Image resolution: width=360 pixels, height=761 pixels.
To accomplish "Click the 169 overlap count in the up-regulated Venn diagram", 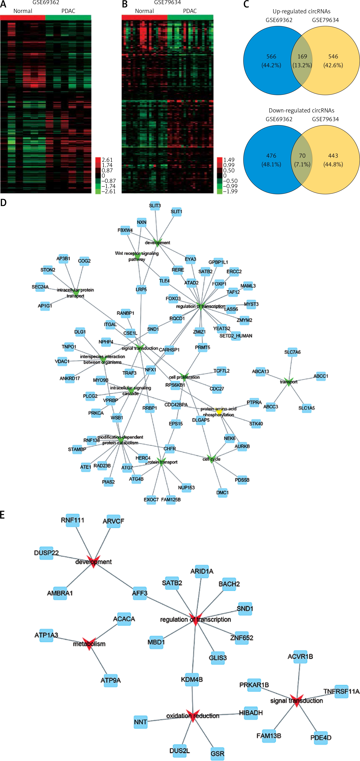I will (x=302, y=56).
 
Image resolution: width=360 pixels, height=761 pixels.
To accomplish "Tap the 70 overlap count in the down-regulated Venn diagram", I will (x=302, y=156).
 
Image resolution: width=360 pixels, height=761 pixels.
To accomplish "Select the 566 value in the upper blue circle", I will (x=271, y=56).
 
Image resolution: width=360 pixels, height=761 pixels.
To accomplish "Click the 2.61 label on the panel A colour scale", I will (x=107, y=160).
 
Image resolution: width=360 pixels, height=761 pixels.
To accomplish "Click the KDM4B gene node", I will (x=192, y=680).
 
